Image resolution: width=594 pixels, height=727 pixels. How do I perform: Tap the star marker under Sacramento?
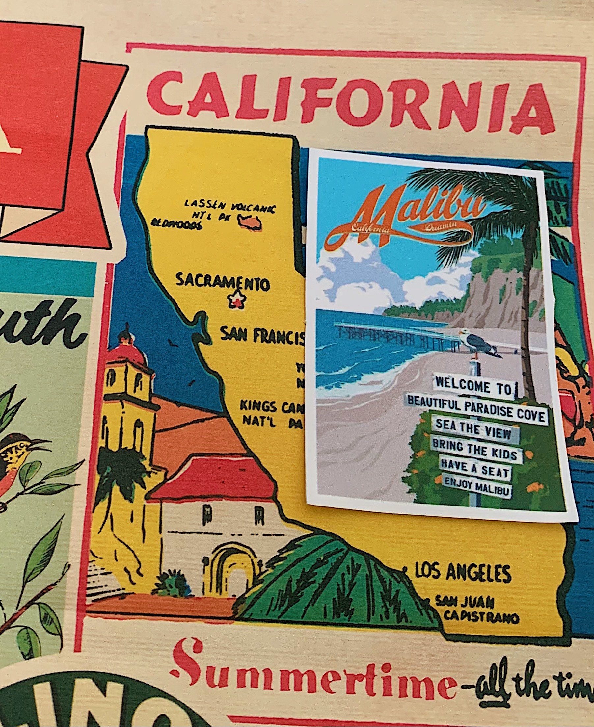(237, 300)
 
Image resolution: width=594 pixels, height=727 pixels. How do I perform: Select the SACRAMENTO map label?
(223, 282)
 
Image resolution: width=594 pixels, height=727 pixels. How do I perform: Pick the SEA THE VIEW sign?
(473, 432)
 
